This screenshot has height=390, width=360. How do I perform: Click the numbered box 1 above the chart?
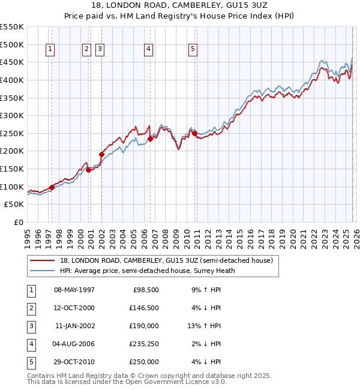coord(50,49)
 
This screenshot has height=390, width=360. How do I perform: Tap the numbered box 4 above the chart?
coord(148,49)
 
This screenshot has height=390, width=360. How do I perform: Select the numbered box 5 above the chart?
coord(193,49)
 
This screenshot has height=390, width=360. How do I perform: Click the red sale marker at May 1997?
coord(52,187)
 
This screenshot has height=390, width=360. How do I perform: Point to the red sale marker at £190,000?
coord(102,154)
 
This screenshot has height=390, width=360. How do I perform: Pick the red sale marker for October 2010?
coord(195,133)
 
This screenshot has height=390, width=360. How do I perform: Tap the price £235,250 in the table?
coord(144,344)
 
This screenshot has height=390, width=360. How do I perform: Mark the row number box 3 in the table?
coord(31,326)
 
